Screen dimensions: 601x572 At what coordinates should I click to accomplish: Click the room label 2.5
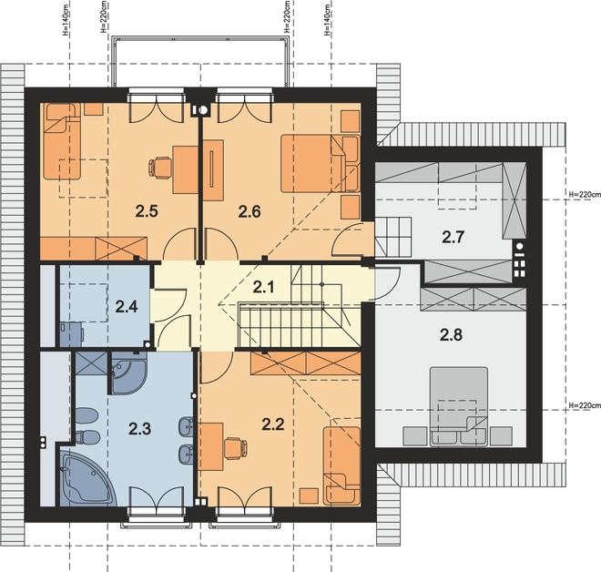coord(147,211)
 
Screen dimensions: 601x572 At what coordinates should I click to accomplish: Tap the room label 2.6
coord(250,211)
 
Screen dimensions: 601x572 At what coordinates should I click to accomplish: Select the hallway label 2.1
coord(264,286)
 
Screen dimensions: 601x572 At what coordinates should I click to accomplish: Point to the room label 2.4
coord(127,307)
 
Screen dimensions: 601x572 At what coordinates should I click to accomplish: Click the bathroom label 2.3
coord(140,429)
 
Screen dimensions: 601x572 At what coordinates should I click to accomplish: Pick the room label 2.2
coord(273,424)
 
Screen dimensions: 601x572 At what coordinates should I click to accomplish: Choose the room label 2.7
coord(453,238)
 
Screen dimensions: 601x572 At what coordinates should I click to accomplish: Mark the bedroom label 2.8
coord(451,334)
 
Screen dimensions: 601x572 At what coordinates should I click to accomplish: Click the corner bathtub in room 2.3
coord(87,476)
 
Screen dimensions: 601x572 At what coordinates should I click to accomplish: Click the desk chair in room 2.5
coord(160,168)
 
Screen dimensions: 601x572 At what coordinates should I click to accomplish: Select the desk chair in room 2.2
coord(235,448)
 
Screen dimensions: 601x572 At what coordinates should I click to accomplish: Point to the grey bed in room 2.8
coord(459,407)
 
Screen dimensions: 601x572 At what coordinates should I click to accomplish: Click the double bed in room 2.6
coord(320,163)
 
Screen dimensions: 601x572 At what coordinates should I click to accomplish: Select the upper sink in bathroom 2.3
coord(187,425)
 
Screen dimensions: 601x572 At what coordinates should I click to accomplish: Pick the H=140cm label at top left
coord(66,21)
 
